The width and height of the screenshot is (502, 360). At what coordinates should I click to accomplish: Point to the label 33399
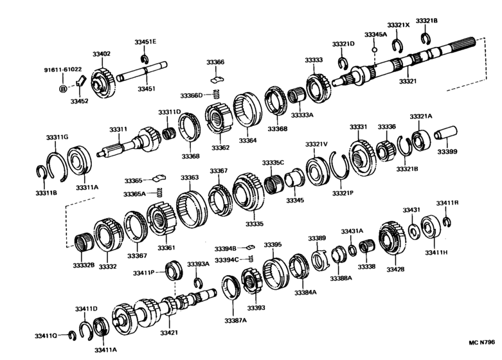pos(447,152)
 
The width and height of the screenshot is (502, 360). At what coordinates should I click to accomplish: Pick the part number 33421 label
pos(169,332)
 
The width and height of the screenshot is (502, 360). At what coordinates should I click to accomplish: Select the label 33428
pos(395,269)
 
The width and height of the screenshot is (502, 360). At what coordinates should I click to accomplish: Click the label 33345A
pos(375,34)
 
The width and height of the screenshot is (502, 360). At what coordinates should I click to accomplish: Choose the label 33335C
pos(273,163)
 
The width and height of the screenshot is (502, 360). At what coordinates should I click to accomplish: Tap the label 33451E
pos(145,42)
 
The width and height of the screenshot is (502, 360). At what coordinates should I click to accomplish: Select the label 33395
pos(273,245)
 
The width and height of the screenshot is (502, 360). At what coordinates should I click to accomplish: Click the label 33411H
pos(436,252)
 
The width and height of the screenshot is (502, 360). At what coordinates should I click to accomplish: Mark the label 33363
pos(189,177)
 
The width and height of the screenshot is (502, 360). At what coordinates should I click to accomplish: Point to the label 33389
pos(317,238)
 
